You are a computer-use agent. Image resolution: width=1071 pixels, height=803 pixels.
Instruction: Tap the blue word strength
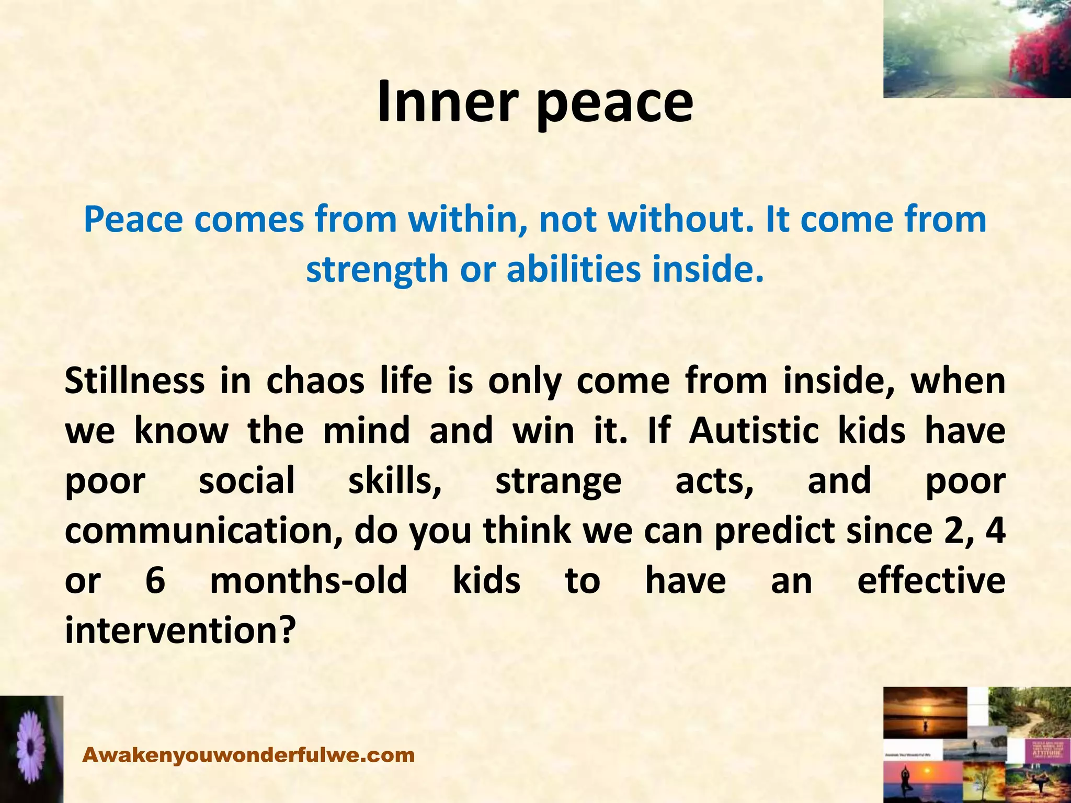377,269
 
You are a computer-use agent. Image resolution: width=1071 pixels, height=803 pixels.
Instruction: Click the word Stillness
134,381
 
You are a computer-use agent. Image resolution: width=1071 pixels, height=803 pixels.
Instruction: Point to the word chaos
315,381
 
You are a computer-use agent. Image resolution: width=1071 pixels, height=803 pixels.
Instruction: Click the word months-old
309,580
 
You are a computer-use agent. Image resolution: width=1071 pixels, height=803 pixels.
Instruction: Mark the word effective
931,580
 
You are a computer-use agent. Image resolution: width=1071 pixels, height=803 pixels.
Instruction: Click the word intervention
177,630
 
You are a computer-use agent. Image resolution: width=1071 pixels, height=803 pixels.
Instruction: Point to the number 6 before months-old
155,580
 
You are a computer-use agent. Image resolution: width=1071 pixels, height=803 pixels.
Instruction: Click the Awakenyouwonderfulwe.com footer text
248,755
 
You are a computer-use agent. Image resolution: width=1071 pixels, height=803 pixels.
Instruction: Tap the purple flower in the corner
30,749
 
